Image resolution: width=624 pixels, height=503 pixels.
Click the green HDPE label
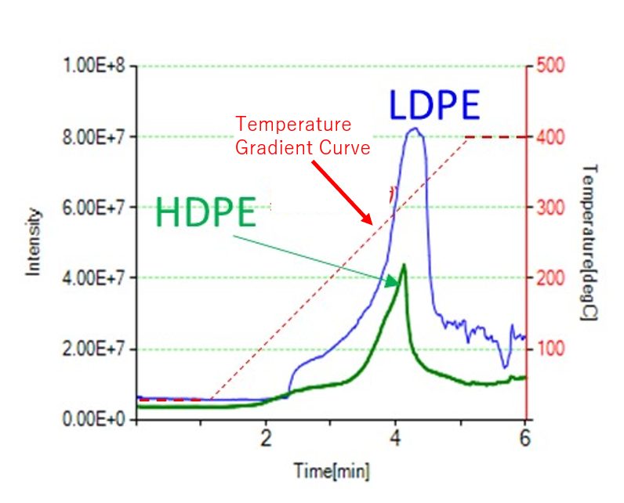(205, 212)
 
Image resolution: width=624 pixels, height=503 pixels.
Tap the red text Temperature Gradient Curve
(303, 136)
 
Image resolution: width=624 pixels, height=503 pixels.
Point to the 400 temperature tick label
(550, 136)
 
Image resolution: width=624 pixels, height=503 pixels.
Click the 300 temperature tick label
(550, 208)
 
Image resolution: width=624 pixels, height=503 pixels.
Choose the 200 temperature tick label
(550, 278)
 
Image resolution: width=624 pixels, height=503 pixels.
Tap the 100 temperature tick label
(550, 349)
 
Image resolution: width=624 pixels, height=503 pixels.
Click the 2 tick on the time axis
(266, 439)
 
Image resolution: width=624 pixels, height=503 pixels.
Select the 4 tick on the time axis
(396, 439)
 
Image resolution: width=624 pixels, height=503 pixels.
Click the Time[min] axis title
(331, 472)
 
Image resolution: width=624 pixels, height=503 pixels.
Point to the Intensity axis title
(33, 243)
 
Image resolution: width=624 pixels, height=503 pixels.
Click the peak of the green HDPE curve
(404, 265)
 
